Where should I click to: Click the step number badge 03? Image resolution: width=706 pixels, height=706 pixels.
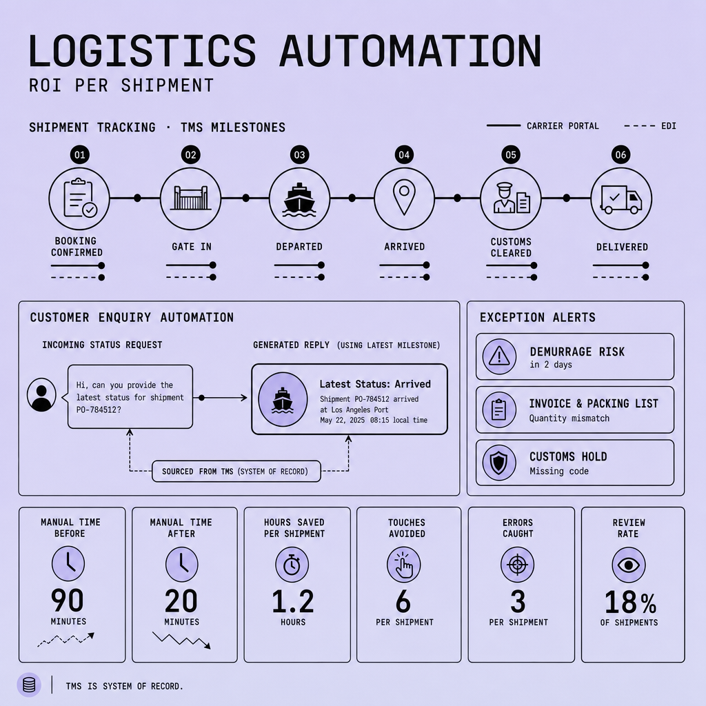pyautogui.click(x=299, y=155)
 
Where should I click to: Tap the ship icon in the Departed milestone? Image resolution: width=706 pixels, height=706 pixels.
pyautogui.click(x=299, y=199)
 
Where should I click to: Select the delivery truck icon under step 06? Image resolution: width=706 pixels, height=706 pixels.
pyautogui.click(x=621, y=199)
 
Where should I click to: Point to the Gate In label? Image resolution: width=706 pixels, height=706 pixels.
pyautogui.click(x=192, y=247)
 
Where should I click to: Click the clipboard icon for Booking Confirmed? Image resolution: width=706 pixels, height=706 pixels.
pyautogui.click(x=80, y=198)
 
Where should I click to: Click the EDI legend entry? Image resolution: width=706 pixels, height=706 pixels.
pyautogui.click(x=650, y=126)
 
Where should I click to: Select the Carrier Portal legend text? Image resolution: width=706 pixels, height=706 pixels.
pyautogui.click(x=563, y=126)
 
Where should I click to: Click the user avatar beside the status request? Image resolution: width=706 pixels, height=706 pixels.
pyautogui.click(x=41, y=395)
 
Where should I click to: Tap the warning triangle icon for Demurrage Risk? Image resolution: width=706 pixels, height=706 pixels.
pyautogui.click(x=499, y=356)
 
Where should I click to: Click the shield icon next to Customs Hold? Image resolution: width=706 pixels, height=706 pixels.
pyautogui.click(x=499, y=463)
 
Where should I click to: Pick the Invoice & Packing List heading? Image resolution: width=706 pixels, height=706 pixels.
pyautogui.click(x=594, y=403)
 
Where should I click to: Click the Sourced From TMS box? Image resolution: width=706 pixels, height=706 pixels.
pyautogui.click(x=236, y=472)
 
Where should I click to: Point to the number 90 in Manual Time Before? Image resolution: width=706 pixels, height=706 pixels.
pyautogui.click(x=68, y=601)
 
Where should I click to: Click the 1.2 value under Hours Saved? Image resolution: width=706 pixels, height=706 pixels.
pyautogui.click(x=292, y=601)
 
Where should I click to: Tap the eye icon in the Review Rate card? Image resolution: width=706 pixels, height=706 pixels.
pyautogui.click(x=629, y=565)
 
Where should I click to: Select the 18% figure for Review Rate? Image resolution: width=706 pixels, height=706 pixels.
pyautogui.click(x=630, y=602)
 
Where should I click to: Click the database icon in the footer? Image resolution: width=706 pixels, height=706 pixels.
pyautogui.click(x=29, y=685)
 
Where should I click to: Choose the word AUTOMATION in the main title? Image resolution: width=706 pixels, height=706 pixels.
pyautogui.click(x=410, y=51)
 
